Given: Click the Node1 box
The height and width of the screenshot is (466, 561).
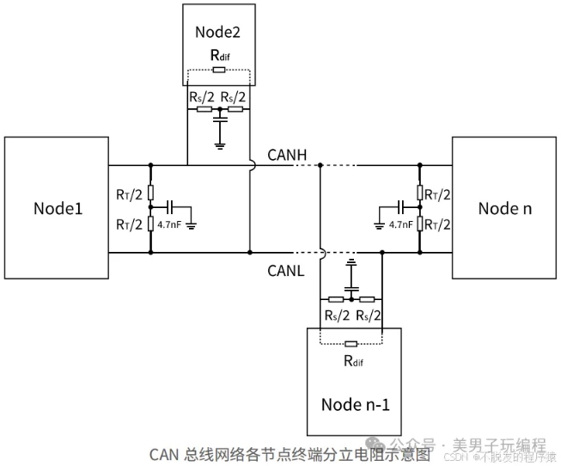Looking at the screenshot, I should pyautogui.click(x=58, y=208).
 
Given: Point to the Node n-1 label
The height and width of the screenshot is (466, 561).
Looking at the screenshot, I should pyautogui.click(x=355, y=403).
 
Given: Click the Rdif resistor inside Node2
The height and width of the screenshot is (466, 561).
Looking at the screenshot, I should pyautogui.click(x=219, y=69).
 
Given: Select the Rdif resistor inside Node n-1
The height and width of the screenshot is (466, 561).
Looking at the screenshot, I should pyautogui.click(x=351, y=345).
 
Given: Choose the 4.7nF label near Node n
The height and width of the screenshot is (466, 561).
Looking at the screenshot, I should pyautogui.click(x=401, y=225).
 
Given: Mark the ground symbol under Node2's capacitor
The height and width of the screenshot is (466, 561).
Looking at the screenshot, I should pyautogui.click(x=220, y=144).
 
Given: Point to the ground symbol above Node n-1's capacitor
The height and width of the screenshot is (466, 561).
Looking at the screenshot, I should pyautogui.click(x=351, y=259).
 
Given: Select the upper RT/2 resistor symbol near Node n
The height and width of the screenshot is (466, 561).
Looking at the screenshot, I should pyautogui.click(x=421, y=192).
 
